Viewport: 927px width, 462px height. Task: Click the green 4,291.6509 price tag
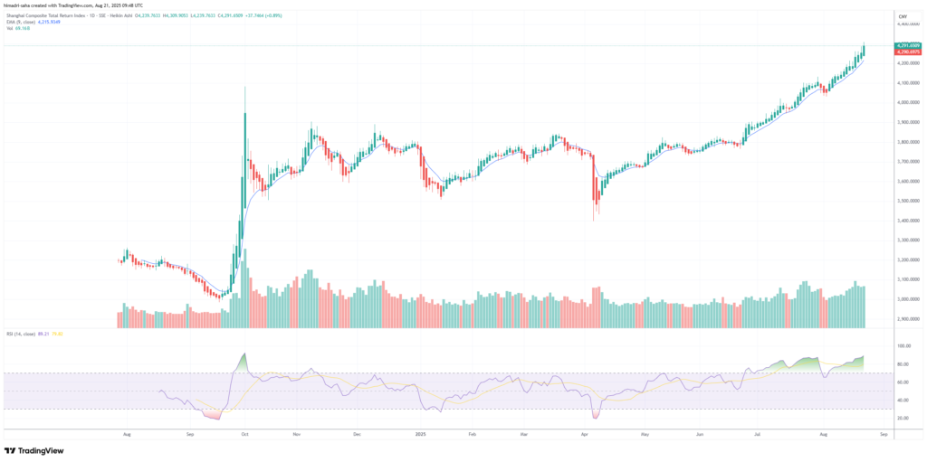point(907,45)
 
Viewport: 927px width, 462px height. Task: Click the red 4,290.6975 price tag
point(907,53)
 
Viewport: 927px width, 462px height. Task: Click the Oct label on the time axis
point(245,434)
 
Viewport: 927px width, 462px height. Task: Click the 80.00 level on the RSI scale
point(903,363)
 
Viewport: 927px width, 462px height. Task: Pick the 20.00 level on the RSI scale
point(903,418)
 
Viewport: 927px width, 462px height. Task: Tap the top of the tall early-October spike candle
point(244,88)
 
